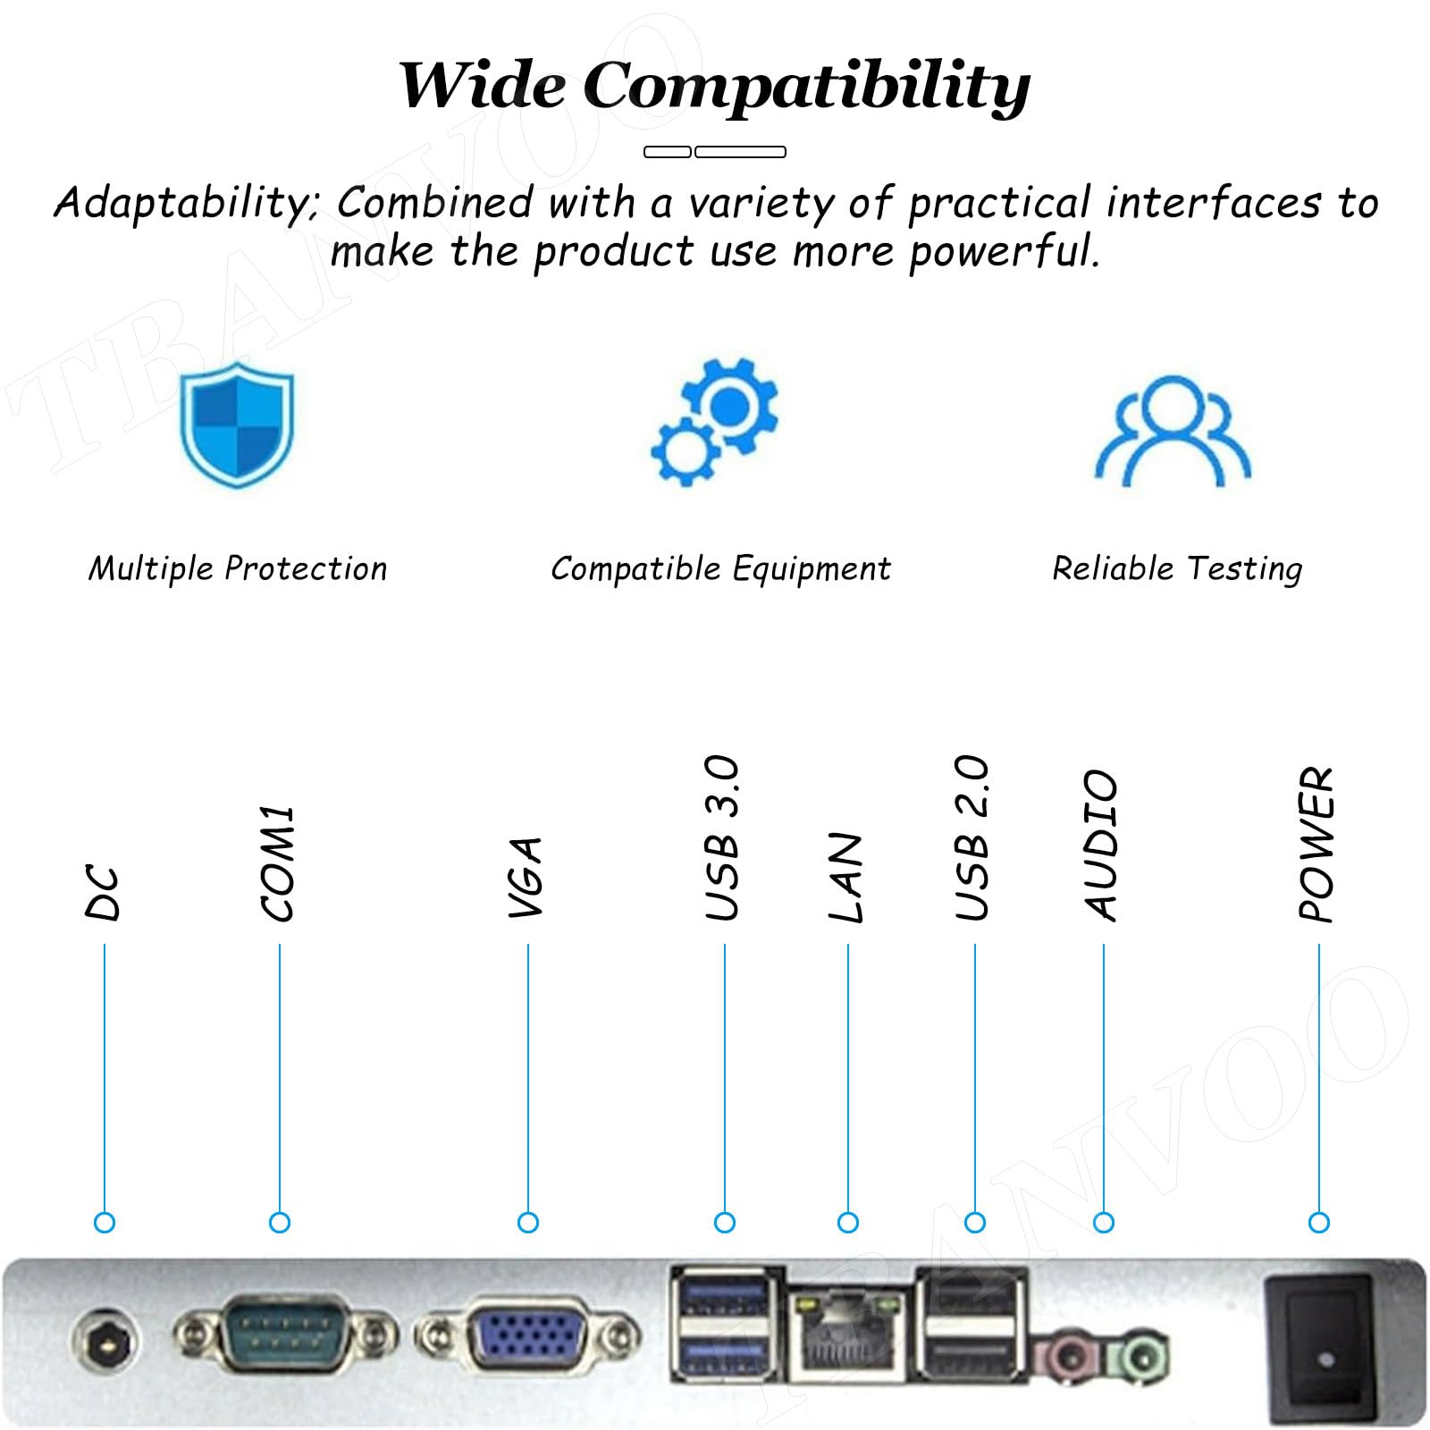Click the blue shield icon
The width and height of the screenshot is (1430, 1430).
tap(237, 425)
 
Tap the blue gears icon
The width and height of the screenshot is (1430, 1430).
tap(715, 422)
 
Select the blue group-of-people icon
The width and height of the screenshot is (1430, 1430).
tap(1173, 431)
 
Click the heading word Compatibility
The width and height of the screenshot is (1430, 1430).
tap(807, 88)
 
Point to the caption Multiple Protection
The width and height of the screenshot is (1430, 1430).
tap(238, 568)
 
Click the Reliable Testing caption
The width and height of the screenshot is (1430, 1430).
tap(1177, 569)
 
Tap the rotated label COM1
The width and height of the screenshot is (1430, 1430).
tap(278, 862)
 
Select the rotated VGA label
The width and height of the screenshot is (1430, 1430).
tap(526, 877)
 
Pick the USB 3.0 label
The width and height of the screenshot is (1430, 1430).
tap(722, 837)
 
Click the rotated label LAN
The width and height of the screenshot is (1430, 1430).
tap(846, 877)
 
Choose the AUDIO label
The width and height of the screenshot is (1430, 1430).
tap(1102, 845)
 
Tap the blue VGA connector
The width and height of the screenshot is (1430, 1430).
tap(529, 1337)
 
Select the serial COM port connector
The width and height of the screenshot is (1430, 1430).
tap(284, 1335)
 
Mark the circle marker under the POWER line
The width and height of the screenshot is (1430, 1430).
tap(1318, 1222)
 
